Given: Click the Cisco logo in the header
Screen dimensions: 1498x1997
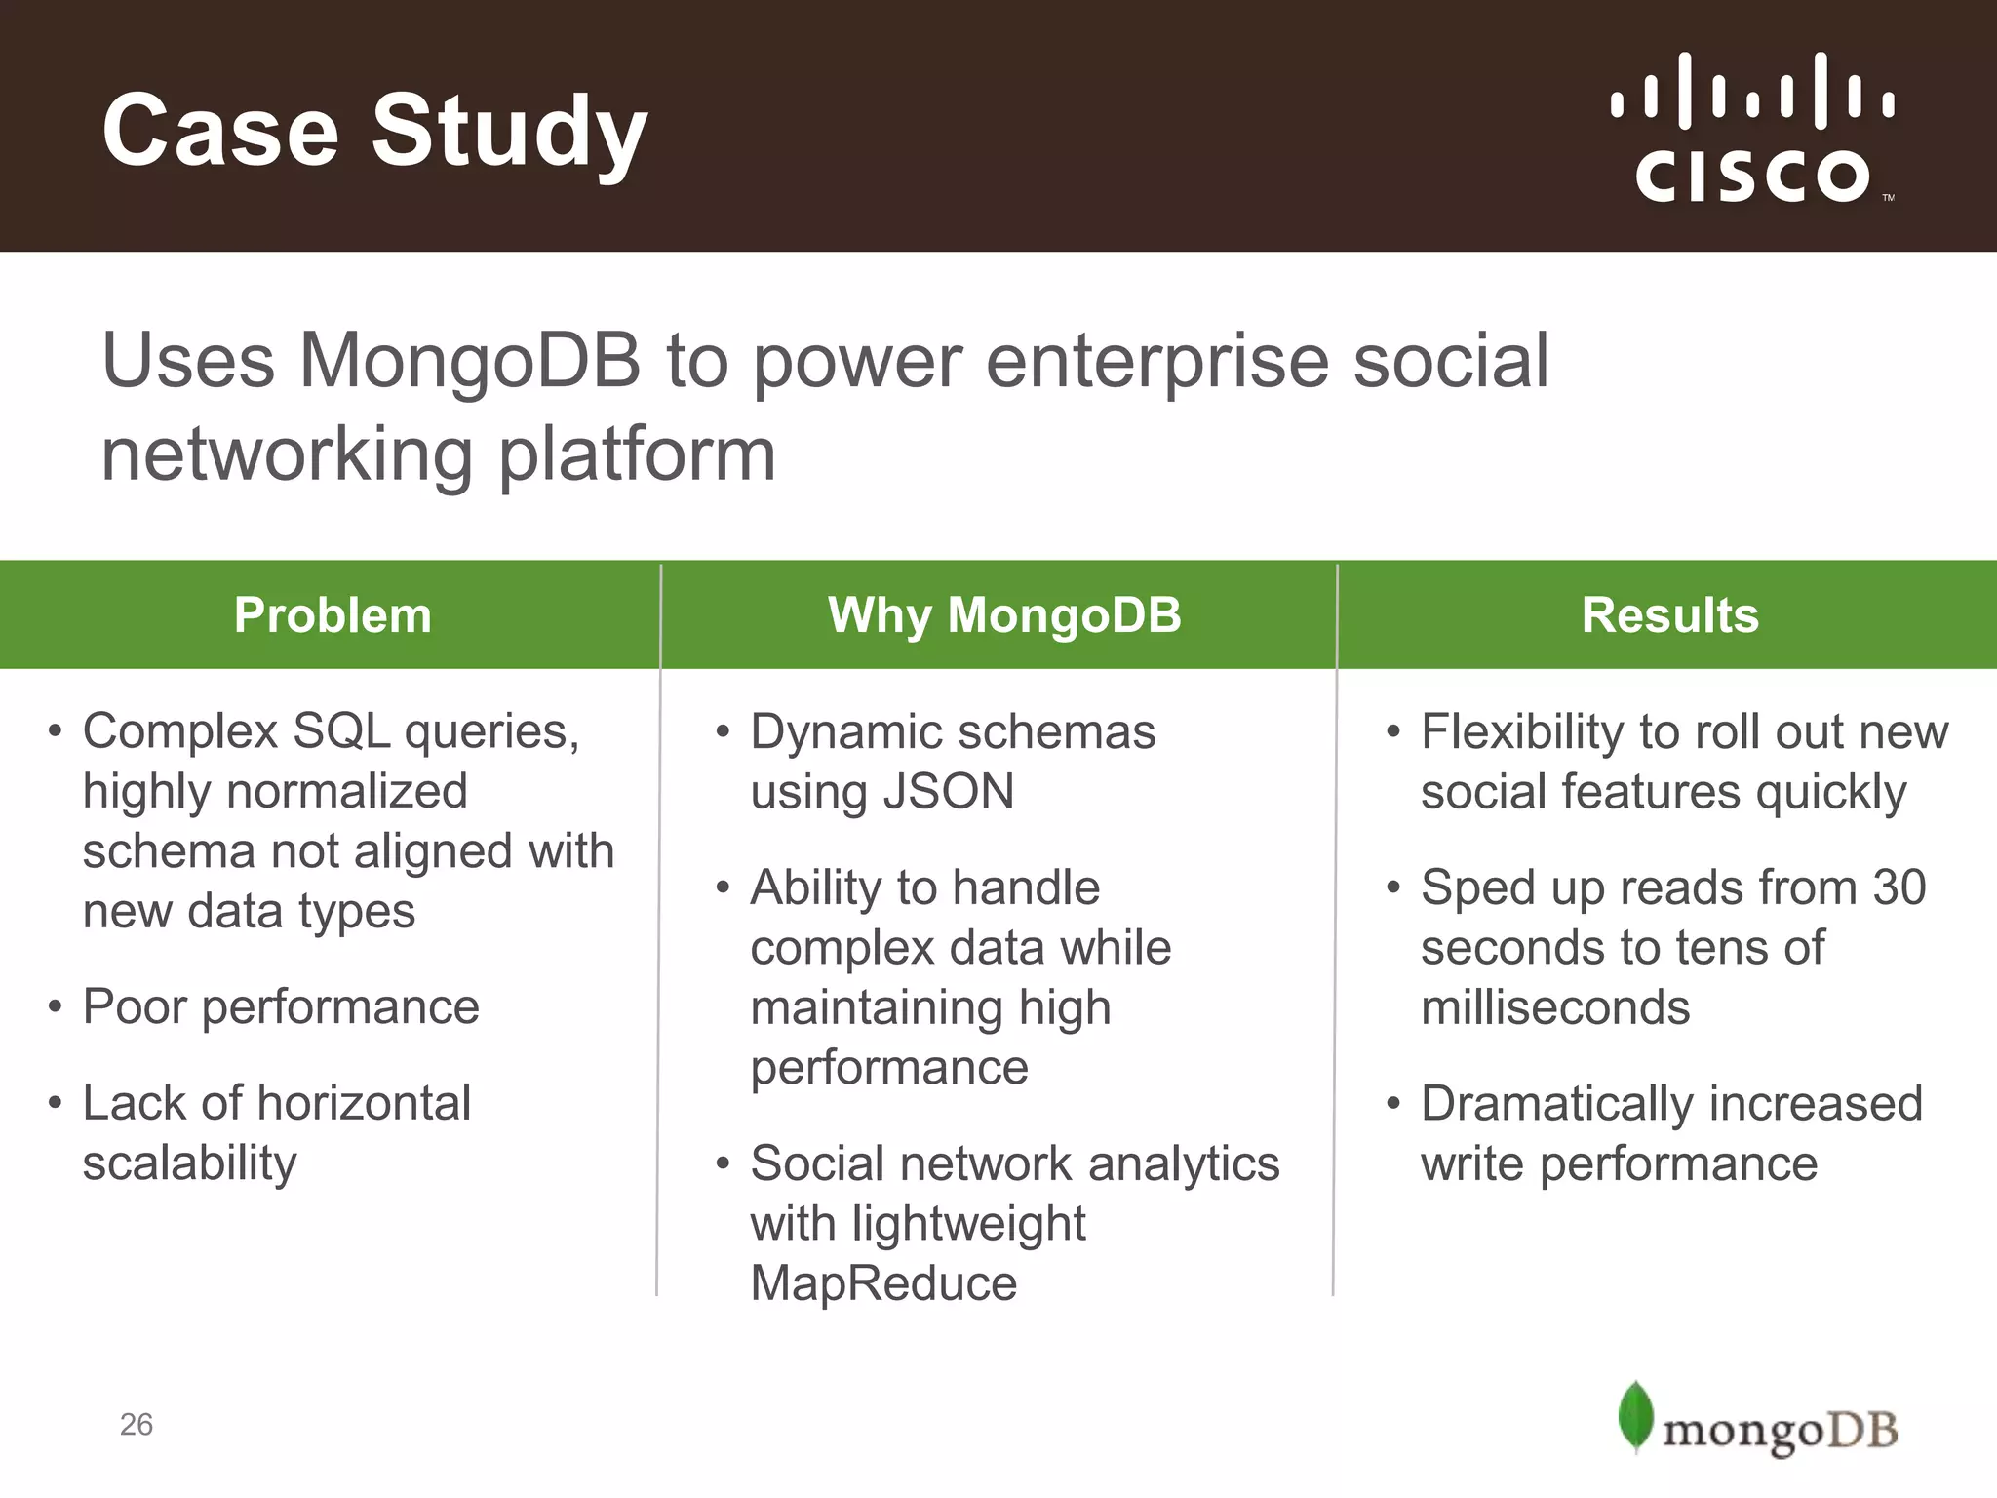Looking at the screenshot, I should tap(1752, 129).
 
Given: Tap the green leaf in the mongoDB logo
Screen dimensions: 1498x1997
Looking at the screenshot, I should tap(1635, 1416).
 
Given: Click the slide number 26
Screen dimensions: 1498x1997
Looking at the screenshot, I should tap(137, 1425).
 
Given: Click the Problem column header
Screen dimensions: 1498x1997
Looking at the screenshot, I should tap(333, 615).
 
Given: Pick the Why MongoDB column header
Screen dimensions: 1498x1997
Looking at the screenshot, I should tap(1004, 615).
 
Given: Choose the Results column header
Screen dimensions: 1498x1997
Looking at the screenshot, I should tap(1669, 615).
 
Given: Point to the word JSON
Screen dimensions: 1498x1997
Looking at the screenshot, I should tap(948, 791).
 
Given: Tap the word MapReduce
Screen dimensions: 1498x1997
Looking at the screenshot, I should tap(883, 1283).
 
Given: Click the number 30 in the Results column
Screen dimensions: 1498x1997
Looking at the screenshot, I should tap(1899, 887).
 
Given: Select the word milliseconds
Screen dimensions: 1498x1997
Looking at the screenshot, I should tap(1554, 1007).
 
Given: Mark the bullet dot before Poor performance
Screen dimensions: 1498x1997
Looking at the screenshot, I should tap(55, 1006).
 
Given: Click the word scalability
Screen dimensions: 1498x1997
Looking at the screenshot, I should tap(189, 1163).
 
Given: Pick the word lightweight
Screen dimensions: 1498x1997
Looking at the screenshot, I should tap(968, 1224).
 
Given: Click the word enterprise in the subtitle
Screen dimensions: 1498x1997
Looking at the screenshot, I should tap(1156, 362).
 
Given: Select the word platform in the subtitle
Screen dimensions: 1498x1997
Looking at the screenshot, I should tap(637, 454).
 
